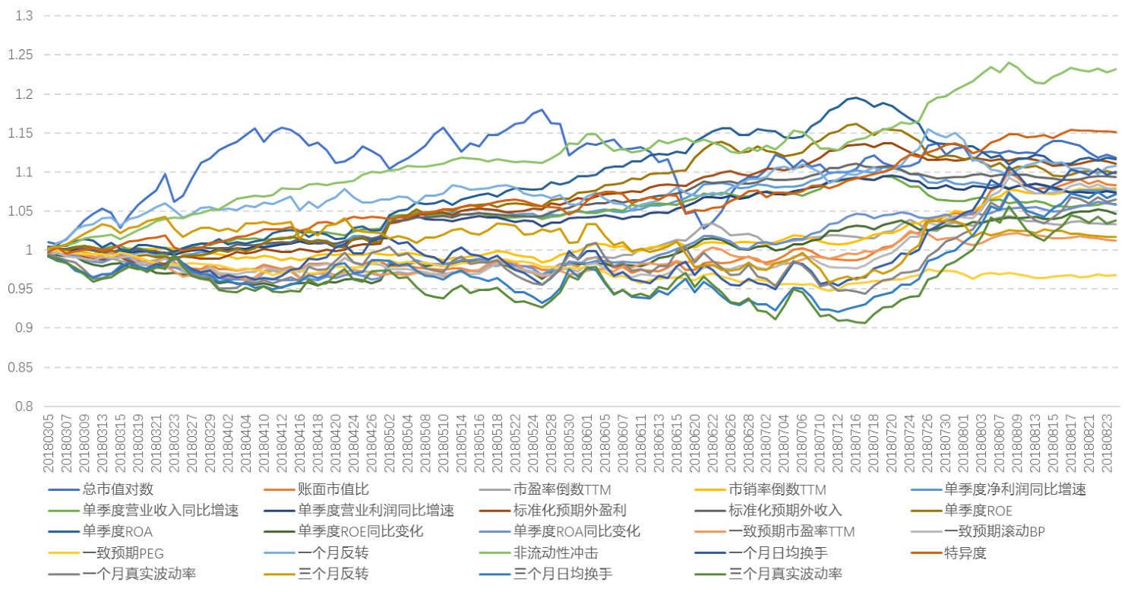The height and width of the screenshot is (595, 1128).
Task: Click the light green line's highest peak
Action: click(x=1010, y=62)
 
